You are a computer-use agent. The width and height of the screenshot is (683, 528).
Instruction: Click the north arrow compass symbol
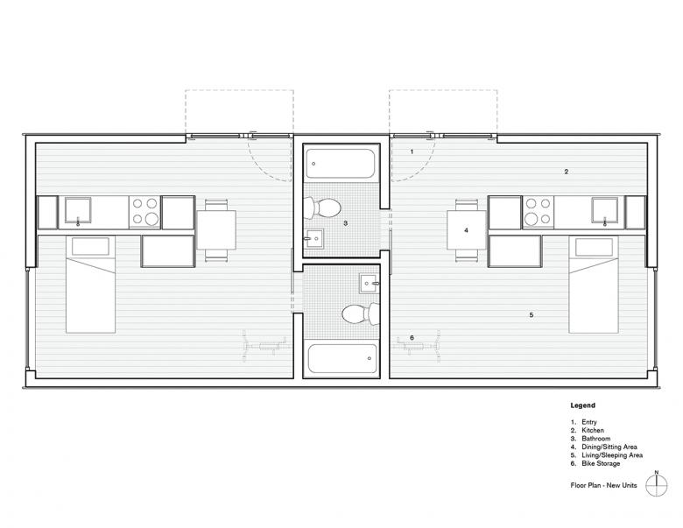657,484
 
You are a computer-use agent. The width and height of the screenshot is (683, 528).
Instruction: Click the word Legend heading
583,405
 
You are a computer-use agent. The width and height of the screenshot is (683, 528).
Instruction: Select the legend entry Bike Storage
601,463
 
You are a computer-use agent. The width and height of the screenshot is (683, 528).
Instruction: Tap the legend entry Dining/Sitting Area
609,447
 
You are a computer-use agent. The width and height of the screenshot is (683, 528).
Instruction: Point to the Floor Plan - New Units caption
603,485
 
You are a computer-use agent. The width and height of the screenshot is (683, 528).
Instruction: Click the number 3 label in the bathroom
345,223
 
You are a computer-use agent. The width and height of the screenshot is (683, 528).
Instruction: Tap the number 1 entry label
412,152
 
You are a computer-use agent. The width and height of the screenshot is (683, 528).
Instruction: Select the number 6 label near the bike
412,338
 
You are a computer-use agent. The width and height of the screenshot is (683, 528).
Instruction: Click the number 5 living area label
531,314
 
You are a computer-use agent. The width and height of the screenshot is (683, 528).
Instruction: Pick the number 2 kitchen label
566,172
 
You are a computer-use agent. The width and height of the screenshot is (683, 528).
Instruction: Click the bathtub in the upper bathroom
341,164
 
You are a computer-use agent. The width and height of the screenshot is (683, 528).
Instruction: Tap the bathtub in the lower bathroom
342,358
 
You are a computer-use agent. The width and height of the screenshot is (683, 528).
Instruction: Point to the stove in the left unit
145,212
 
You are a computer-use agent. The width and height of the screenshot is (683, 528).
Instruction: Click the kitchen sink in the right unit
604,211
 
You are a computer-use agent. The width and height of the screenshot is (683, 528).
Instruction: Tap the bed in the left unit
90,285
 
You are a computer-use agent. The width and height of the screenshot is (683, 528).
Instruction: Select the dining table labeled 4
467,230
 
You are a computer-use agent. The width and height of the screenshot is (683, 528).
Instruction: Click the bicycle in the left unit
264,347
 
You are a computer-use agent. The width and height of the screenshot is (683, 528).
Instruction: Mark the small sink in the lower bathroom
370,284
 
